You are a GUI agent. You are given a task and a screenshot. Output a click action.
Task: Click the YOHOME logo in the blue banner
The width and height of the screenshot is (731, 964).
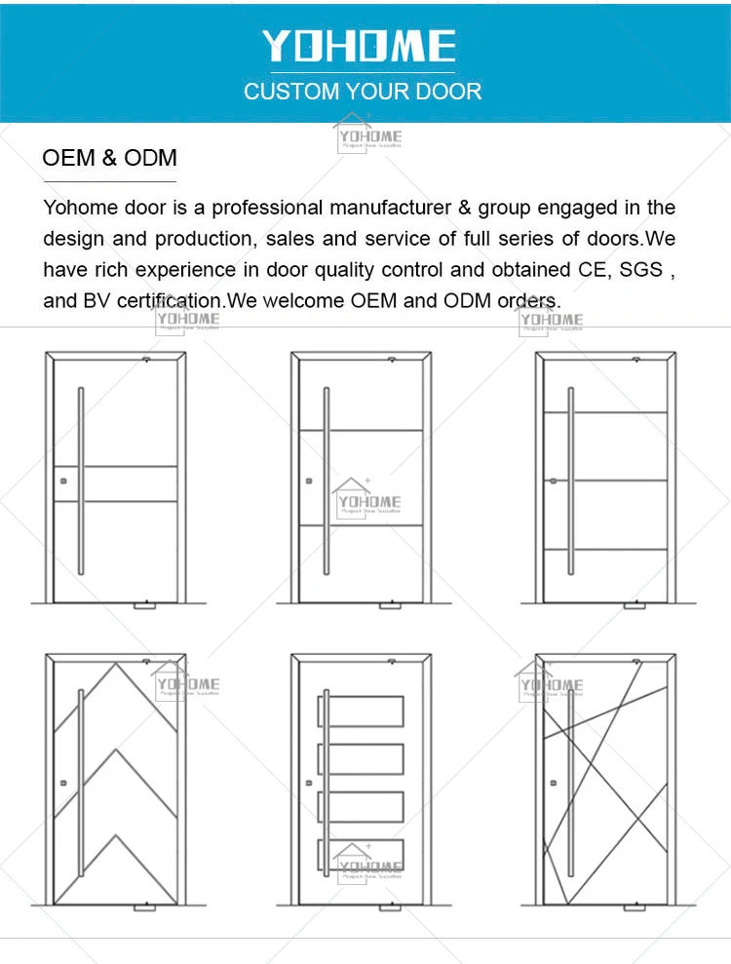click(359, 47)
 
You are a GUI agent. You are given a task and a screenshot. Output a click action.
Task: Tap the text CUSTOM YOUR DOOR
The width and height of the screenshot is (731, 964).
click(363, 93)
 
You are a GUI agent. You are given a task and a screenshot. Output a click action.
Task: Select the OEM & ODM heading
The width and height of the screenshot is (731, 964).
click(109, 158)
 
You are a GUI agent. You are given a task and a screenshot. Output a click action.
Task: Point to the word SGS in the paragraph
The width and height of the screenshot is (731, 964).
click(640, 269)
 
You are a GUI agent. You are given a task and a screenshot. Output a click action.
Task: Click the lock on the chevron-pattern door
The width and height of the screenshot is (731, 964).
click(61, 783)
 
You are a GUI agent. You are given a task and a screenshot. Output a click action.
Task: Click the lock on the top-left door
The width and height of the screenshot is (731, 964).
click(61, 480)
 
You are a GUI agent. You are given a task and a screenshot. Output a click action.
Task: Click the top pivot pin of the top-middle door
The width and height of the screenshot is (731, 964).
click(391, 360)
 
